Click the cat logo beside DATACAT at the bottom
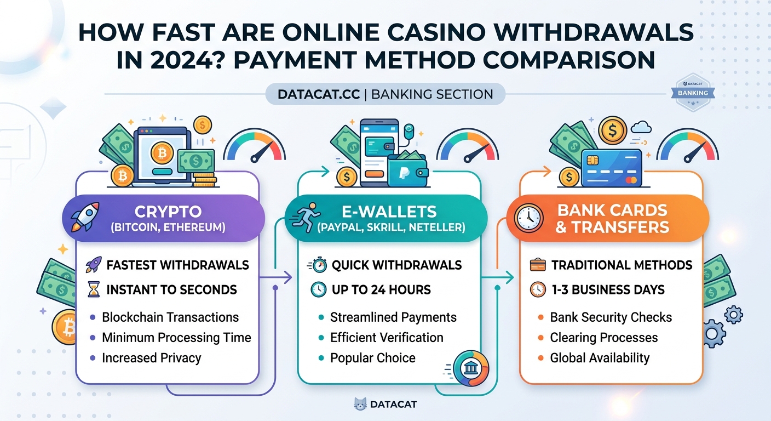coord(360,405)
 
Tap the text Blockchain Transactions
coord(170,317)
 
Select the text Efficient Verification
coord(387,338)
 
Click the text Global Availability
coord(600,358)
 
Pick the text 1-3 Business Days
coord(608,289)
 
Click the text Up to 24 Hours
coord(381,289)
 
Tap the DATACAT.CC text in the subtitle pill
coord(319,94)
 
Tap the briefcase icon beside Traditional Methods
coord(538,265)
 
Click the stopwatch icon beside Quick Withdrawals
coord(318,265)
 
